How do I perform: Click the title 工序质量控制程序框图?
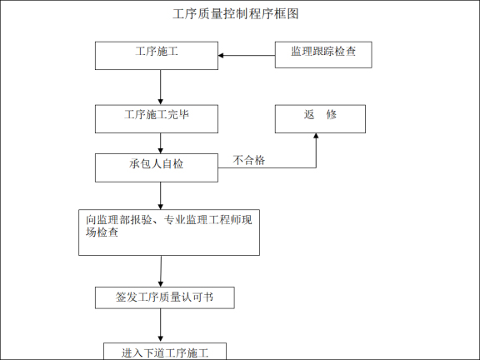coord(235,14)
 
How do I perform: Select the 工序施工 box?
coord(157,56)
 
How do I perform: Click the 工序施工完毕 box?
coord(157,119)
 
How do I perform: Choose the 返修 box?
coord(320,119)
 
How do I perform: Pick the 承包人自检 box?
coord(157,167)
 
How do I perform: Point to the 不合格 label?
coord(249,160)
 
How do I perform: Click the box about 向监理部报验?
coord(168,232)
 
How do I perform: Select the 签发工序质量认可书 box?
coord(163,297)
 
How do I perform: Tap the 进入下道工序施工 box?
coord(164,352)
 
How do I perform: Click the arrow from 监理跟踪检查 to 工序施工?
coord(247,56)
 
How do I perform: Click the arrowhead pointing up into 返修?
coord(316,138)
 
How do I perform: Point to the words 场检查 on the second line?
coord(101,233)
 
